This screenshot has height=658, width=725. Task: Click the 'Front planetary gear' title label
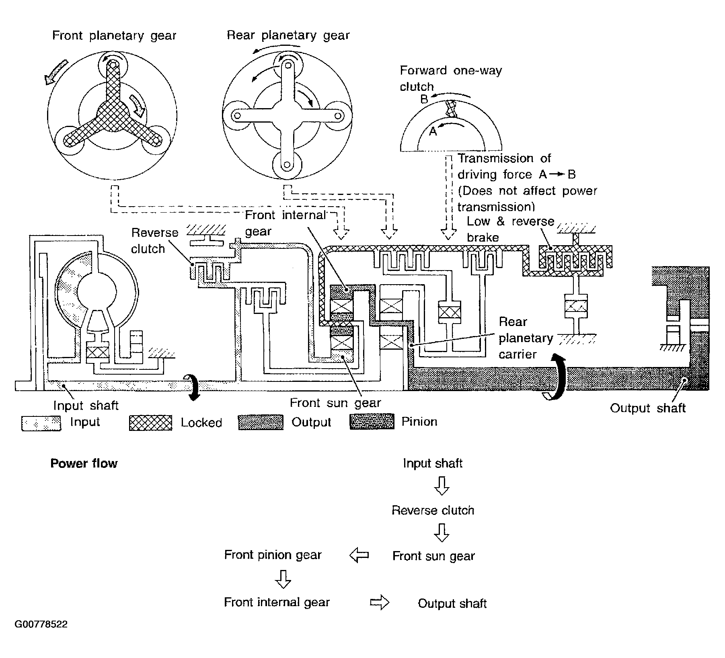click(x=114, y=36)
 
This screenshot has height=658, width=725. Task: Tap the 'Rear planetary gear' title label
click(x=288, y=35)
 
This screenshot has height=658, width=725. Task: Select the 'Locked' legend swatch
click(x=150, y=423)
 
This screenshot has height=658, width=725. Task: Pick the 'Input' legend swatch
click(x=41, y=423)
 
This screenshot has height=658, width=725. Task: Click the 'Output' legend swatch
click(x=261, y=422)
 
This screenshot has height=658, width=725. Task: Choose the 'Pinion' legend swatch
click(x=372, y=422)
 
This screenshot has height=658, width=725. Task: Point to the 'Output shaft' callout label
click(x=647, y=408)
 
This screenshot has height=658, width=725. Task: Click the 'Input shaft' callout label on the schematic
click(x=86, y=405)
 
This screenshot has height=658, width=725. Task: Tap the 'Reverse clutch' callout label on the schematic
click(x=154, y=241)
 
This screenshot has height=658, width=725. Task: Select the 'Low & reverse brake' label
click(x=510, y=229)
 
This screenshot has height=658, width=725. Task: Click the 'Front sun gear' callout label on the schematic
click(x=335, y=403)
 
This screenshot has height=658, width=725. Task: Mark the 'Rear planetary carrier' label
click(x=526, y=338)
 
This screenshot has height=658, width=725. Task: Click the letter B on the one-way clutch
click(x=424, y=99)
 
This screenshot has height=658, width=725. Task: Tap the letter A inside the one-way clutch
click(x=433, y=131)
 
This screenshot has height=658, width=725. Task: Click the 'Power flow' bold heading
click(x=84, y=463)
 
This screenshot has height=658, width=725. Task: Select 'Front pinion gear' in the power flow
click(x=273, y=555)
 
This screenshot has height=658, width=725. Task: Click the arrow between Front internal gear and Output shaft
click(x=380, y=603)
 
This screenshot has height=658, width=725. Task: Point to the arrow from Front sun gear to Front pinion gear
click(x=359, y=556)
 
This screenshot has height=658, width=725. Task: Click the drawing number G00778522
click(x=41, y=624)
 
